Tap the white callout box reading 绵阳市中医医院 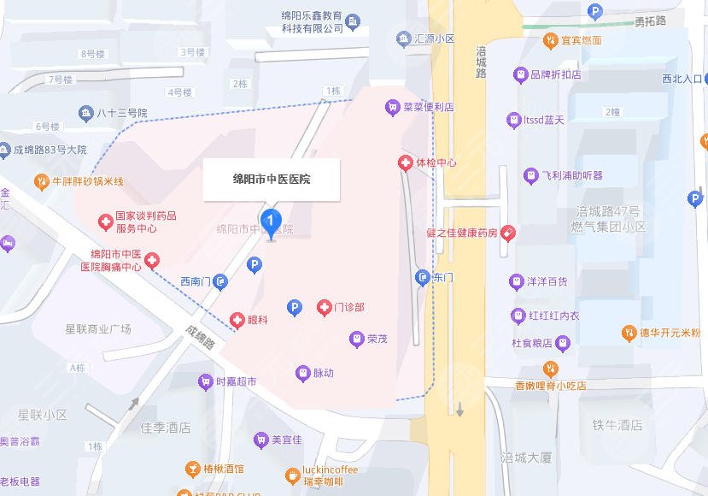[272, 180]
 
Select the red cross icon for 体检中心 [405, 162]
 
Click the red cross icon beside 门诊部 [324, 307]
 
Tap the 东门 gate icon [422, 277]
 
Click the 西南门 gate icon [220, 280]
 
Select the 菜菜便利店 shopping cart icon [392, 107]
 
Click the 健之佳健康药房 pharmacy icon [508, 232]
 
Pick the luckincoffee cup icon [293, 475]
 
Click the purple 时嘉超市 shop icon [205, 382]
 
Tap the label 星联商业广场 [98, 328]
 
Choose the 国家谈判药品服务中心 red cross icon [105, 223]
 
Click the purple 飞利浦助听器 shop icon [531, 175]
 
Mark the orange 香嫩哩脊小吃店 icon [550, 369]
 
